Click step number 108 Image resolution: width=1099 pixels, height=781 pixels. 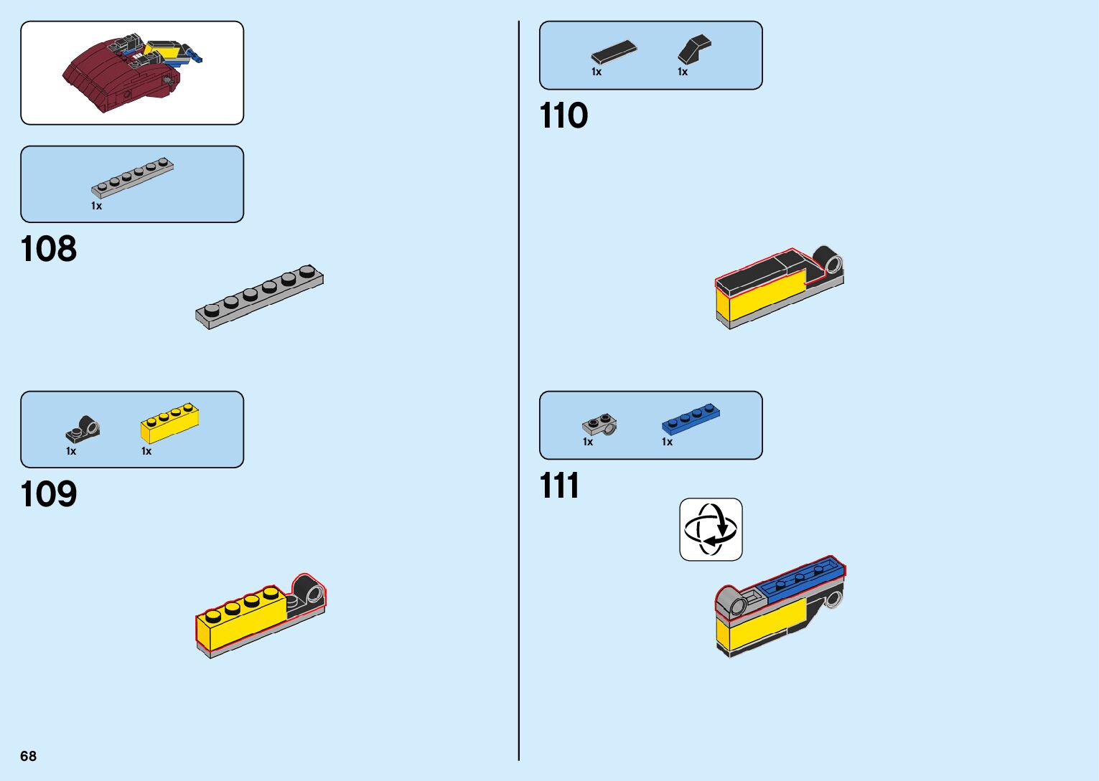coord(49,250)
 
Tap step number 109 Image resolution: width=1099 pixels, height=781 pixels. coord(49,495)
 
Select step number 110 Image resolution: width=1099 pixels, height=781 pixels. coord(563,116)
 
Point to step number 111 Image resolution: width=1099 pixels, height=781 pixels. coord(559,486)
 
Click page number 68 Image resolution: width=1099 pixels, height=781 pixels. coord(28,756)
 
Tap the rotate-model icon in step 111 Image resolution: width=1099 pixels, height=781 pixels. coord(711,529)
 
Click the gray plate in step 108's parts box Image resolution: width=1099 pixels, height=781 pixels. coord(133,176)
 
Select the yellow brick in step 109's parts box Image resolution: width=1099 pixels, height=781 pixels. coord(169,423)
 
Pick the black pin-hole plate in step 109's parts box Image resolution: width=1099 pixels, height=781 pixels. coord(83,428)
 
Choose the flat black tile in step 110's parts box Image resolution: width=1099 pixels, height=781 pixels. coord(614,52)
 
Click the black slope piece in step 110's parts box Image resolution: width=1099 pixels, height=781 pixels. coord(693,49)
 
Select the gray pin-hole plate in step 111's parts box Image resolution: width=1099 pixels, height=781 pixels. coord(599,425)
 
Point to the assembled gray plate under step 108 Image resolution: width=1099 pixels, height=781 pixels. coord(260,296)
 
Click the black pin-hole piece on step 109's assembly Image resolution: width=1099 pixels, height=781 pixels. coord(307,595)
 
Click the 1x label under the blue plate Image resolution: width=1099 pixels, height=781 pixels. coord(667,442)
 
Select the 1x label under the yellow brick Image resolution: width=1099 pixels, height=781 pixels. coord(146,451)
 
